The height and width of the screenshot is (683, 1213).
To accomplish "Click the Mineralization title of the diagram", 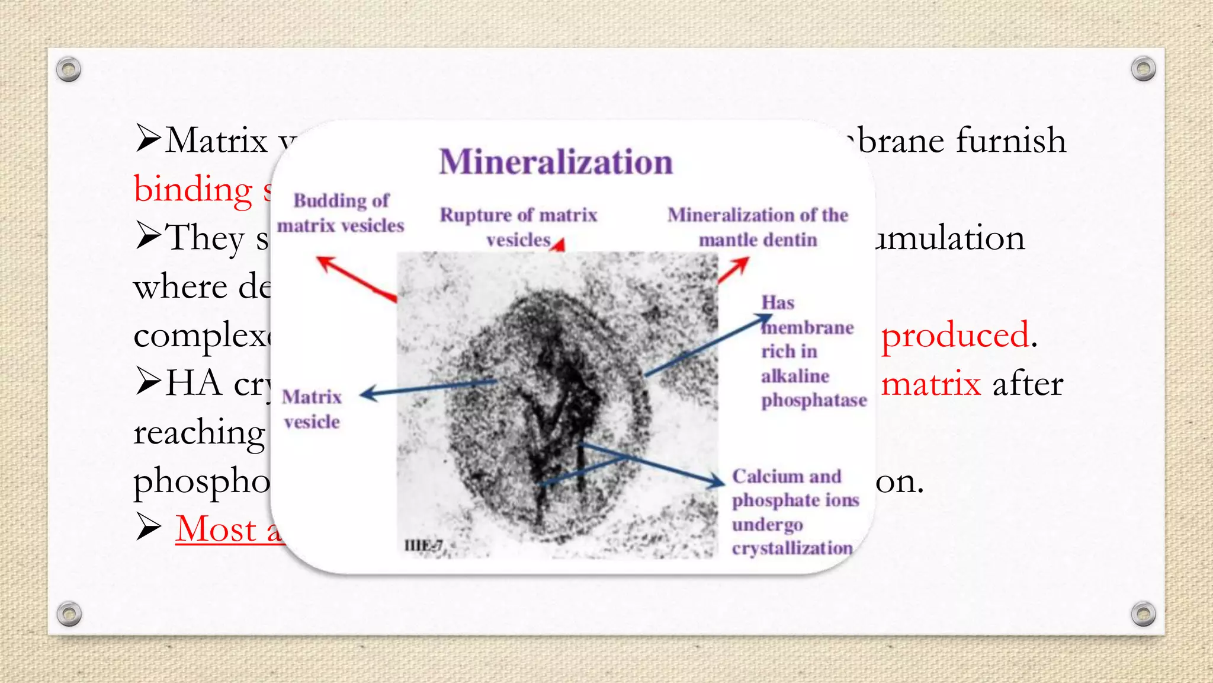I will pos(556,162).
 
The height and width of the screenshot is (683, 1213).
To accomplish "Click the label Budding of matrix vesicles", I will pos(341,213).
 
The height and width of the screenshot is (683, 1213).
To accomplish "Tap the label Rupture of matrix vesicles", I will pos(518,227).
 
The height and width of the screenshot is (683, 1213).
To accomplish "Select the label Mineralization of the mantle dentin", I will pos(758,227).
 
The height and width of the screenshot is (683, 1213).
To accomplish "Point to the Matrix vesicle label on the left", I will pos(312,409).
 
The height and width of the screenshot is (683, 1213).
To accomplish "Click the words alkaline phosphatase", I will pos(813,389).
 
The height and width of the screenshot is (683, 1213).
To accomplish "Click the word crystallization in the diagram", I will pos(792,548).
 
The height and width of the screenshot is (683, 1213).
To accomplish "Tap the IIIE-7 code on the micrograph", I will pos(423,545).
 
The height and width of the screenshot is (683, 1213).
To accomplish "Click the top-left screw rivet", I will pos(69,69).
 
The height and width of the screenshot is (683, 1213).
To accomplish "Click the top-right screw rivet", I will pos(1143,69).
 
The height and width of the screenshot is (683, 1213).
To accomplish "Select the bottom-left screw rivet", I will pos(69,614).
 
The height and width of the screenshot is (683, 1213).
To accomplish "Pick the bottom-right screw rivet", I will pos(1143,614).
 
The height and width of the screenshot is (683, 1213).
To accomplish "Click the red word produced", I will pos(955,336).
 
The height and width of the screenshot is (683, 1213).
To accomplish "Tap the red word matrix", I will pos(930,384).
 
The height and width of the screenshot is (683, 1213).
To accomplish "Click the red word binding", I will pos(194,190).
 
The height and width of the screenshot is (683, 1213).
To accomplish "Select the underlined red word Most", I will pos(216,529).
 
